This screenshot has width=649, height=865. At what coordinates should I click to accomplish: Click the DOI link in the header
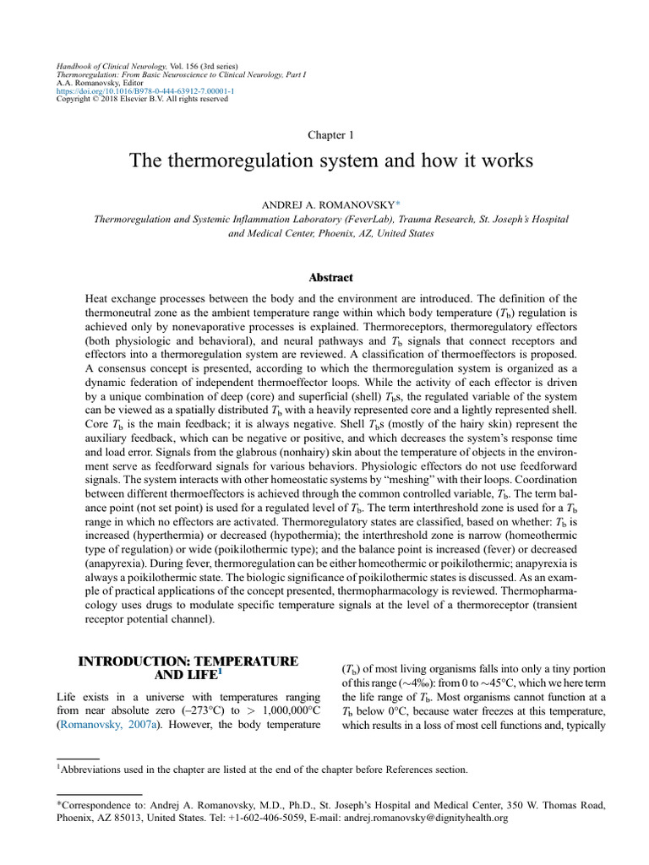[145, 91]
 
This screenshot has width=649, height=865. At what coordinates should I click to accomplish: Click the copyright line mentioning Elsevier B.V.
[141, 99]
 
